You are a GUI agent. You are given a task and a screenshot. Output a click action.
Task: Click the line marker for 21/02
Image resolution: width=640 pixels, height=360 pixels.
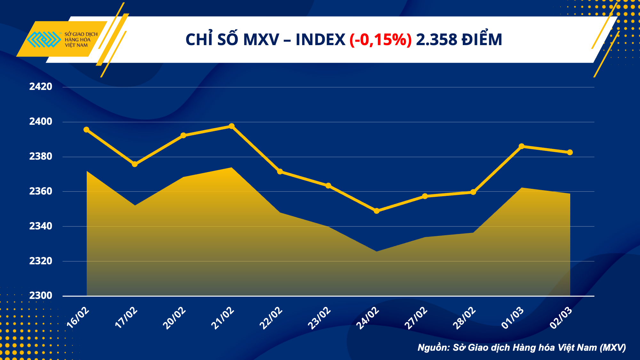pos(232,126)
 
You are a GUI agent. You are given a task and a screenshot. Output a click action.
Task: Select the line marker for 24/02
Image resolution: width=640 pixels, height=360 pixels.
pos(377,211)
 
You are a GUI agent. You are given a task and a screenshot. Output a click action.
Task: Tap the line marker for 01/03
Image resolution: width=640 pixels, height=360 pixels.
pos(522,146)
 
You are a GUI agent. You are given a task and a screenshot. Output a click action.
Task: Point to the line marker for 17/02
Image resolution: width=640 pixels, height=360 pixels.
pos(135,164)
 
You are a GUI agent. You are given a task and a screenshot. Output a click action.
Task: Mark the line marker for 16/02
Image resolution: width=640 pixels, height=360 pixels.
pos(86,130)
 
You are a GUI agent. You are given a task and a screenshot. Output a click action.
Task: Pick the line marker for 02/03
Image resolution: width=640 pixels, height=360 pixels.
pos(570,152)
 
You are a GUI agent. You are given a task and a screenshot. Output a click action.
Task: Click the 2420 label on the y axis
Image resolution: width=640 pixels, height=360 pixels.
pos(41,87)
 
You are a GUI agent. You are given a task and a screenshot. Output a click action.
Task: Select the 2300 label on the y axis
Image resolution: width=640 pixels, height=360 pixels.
pos(41,296)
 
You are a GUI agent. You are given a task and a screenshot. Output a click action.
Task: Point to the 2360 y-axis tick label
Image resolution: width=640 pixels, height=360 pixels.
pos(41,191)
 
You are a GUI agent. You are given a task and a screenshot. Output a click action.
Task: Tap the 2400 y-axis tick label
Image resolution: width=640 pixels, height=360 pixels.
pos(41,122)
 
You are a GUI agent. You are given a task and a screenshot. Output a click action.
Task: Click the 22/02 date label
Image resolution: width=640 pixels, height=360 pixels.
pos(271,318)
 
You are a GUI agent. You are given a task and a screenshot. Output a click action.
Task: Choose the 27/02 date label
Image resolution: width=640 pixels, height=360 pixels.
pos(416,318)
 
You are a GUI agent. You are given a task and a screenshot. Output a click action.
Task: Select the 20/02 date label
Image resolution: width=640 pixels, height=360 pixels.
pos(174,318)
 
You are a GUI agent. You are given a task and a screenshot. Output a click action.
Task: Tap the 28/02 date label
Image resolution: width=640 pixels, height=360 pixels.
pos(464,318)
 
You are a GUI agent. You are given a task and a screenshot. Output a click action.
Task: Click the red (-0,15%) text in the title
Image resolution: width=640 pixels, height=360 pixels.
pos(380,40)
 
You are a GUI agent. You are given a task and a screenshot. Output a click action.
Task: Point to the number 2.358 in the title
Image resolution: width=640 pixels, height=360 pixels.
pos(436,40)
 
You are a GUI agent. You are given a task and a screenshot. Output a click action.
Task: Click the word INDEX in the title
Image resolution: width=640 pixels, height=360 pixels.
pos(320,40)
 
